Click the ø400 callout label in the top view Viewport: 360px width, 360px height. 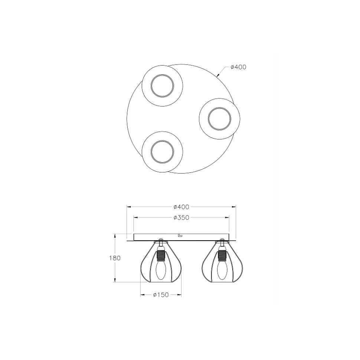coord(238,67)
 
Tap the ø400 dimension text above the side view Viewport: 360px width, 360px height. coord(181,207)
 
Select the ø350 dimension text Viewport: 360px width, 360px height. coord(181,217)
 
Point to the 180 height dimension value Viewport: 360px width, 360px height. coord(115,258)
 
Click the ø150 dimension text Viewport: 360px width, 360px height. coord(161,295)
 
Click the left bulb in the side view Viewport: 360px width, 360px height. coord(161,270)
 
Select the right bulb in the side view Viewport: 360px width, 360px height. coord(222,270)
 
